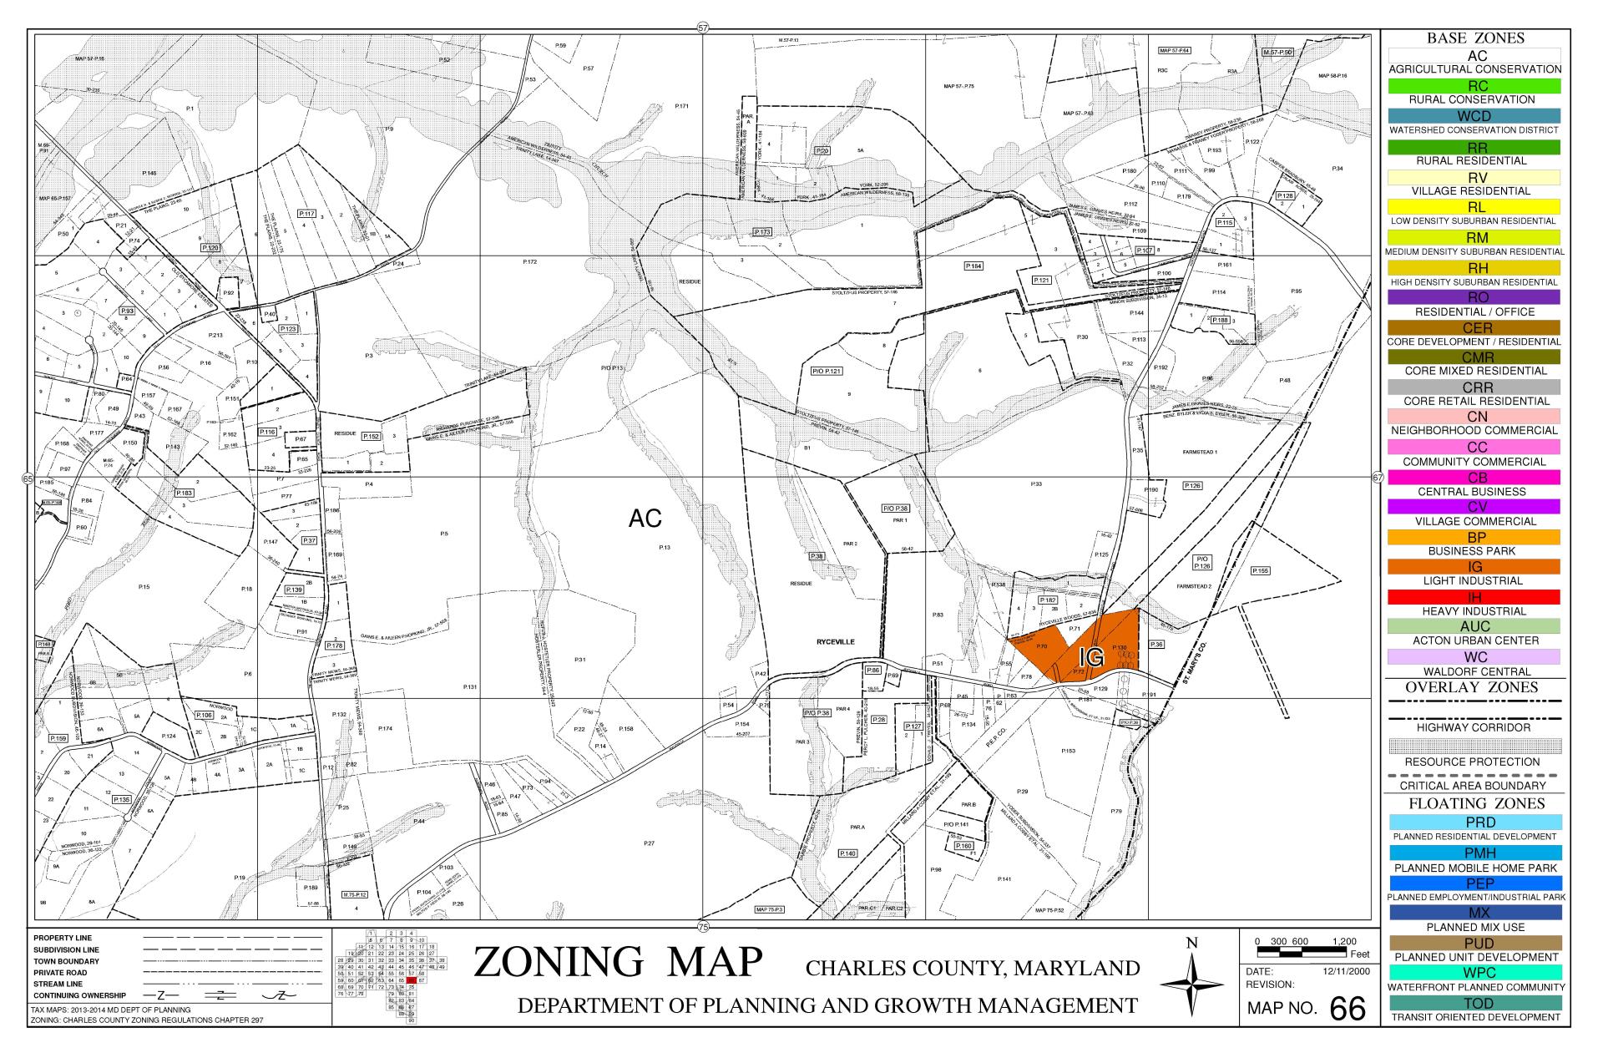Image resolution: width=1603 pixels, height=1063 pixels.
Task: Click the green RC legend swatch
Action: pyautogui.click(x=1474, y=86)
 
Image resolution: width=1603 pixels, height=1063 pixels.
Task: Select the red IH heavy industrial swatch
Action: pyautogui.click(x=1474, y=597)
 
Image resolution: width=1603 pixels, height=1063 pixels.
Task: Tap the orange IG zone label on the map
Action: pyautogui.click(x=1091, y=658)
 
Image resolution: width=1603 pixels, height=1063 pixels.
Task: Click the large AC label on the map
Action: pyautogui.click(x=645, y=519)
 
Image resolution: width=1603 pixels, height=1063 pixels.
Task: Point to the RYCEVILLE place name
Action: pyautogui.click(x=835, y=641)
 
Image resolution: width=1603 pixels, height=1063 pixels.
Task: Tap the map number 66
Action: pyautogui.click(x=1348, y=1010)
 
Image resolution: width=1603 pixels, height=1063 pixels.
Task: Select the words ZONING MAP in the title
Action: pyautogui.click(x=618, y=962)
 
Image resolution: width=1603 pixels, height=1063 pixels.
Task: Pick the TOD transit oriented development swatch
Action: pyautogui.click(x=1474, y=1003)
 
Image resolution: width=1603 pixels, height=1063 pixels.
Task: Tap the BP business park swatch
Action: pyautogui.click(x=1474, y=537)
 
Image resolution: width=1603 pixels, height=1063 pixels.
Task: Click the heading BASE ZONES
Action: pyautogui.click(x=1474, y=38)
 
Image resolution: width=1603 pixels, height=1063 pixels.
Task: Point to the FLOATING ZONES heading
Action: pyautogui.click(x=1474, y=803)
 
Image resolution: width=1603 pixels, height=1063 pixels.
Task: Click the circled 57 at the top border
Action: pyautogui.click(x=702, y=28)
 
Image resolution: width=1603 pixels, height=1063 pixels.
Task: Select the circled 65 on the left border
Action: pyautogui.click(x=27, y=479)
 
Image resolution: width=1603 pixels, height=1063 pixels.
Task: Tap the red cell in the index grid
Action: pyautogui.click(x=411, y=980)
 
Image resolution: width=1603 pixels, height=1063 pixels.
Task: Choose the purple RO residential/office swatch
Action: pyautogui.click(x=1474, y=297)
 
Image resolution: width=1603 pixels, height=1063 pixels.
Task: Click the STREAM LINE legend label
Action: pyautogui.click(x=58, y=984)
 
